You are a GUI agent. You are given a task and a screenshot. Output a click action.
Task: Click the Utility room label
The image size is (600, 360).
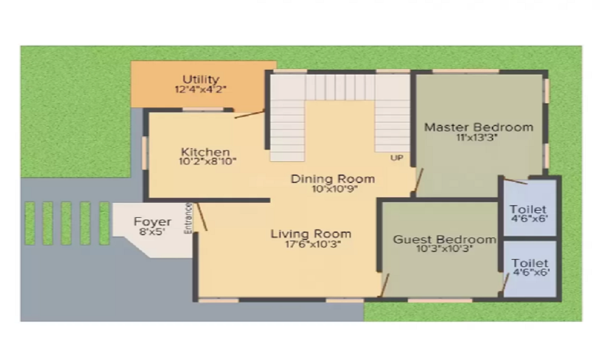point(201,79)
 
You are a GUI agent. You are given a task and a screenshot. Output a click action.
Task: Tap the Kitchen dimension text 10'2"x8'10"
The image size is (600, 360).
point(208,161)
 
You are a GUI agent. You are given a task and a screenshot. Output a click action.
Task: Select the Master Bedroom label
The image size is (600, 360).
point(478,127)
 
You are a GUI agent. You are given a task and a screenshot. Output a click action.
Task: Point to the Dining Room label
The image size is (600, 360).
point(332,179)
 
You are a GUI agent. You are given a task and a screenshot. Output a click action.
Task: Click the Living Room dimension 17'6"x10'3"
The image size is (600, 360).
point(310,244)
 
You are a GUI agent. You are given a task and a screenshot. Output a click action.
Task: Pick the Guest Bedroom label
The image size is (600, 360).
point(444,239)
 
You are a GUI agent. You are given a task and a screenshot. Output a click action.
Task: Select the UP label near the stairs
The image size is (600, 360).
point(396,158)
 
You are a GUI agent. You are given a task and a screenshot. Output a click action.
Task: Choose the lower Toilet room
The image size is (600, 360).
point(530,268)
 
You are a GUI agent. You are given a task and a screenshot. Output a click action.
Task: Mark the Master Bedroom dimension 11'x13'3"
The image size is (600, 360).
point(478,137)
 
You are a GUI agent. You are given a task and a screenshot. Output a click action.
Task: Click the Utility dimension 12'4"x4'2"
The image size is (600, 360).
point(201,89)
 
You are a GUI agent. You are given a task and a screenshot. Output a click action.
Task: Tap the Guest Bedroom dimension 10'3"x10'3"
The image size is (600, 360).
point(444,249)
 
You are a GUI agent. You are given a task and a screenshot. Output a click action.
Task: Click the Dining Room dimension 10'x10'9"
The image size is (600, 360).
point(332,189)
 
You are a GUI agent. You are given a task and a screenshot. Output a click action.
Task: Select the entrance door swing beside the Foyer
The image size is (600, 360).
point(202,217)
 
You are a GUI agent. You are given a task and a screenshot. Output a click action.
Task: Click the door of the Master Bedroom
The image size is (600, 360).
point(418,182)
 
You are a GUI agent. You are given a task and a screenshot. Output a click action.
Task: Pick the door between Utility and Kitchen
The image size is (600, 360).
point(249,114)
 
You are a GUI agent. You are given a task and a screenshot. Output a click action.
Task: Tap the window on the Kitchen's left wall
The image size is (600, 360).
point(145,154)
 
